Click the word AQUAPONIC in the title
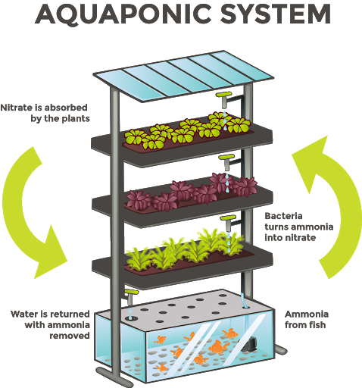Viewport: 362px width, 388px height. click(123, 14)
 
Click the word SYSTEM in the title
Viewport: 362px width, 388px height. click(276, 14)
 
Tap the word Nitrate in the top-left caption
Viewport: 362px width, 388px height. click(17, 108)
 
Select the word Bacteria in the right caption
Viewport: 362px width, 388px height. click(283, 216)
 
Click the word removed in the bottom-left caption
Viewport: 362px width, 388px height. click(70, 336)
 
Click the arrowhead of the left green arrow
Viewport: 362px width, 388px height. click(51, 255)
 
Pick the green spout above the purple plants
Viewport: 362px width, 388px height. click(227, 161)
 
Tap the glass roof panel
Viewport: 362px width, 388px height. click(184, 76)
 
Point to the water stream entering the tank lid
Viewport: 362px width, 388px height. click(243, 301)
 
